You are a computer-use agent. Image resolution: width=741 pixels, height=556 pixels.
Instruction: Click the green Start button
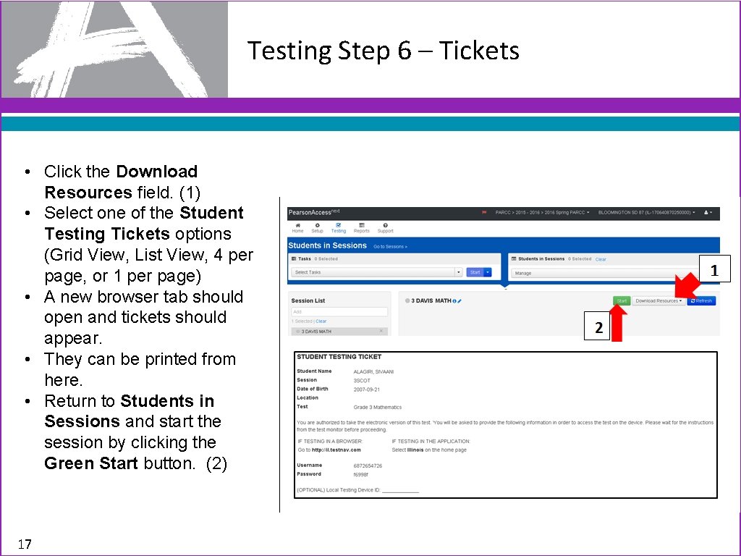[622, 300]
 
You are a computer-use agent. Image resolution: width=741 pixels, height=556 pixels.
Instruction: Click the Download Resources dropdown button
[658, 300]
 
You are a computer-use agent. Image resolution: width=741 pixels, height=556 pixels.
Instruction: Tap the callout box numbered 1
[714, 271]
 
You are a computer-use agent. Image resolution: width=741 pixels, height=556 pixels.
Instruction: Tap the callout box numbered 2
[598, 328]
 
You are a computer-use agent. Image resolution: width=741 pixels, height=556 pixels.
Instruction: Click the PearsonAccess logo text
[309, 213]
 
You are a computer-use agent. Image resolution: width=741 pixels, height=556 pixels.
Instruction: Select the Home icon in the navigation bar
[297, 227]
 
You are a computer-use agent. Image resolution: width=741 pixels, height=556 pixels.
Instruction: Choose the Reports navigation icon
[361, 227]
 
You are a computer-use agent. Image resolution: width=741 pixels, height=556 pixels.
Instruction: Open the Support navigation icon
[385, 227]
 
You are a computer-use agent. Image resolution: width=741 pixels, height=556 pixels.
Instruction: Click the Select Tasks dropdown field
[376, 272]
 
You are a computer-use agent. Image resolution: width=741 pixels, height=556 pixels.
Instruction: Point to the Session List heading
[308, 300]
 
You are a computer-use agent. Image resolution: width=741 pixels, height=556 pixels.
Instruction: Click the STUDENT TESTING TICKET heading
[339, 357]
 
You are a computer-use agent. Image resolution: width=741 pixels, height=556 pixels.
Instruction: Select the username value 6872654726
[368, 466]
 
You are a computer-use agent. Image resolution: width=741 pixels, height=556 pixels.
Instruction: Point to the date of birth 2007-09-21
[366, 389]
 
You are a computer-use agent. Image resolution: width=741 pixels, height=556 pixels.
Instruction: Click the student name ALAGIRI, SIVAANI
[373, 371]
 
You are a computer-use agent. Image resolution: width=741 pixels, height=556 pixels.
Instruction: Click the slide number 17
[25, 544]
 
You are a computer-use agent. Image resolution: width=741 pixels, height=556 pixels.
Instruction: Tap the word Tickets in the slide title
[479, 51]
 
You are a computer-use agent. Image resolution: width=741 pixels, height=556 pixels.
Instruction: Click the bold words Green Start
[90, 463]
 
